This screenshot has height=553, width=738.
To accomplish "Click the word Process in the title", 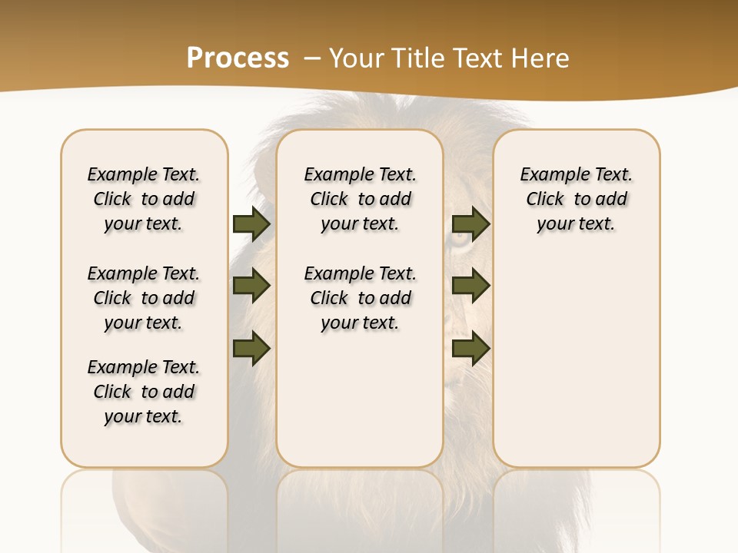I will pos(238,58).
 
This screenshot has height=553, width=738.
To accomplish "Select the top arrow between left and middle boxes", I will pos(251,224).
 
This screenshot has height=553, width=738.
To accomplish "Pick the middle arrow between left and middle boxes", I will pos(251,286).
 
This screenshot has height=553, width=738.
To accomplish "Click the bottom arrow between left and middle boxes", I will pos(251,349).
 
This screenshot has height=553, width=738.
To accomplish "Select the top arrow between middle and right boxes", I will pos(470,224).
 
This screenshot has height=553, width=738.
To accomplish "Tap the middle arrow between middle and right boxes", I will pos(470,286).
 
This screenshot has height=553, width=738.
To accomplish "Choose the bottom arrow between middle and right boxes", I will pos(470,349).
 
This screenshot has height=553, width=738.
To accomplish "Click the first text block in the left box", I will pos(144,199).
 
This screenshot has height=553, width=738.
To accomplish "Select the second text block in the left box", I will pos(144,298).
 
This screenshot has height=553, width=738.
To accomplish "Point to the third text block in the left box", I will pos(144,392).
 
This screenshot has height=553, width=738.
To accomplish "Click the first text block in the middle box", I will pos(360,199).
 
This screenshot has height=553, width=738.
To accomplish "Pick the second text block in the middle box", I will pos(360,298).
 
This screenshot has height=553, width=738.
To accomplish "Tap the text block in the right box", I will pos(576,199).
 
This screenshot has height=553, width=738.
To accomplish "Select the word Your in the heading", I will pos(355,58).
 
